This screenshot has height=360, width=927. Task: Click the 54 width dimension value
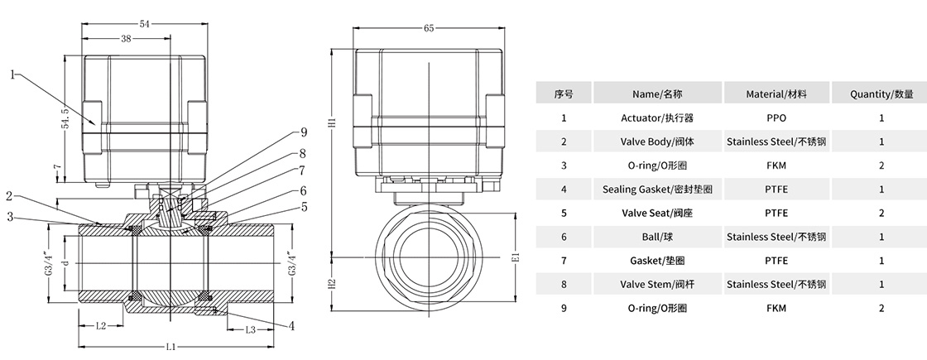click(x=144, y=24)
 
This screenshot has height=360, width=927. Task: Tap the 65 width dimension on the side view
click(x=429, y=28)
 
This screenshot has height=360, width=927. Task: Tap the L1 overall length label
click(x=170, y=345)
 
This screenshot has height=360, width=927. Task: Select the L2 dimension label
click(x=99, y=325)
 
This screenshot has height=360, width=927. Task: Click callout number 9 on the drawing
click(x=303, y=132)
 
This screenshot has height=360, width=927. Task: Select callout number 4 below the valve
click(x=291, y=325)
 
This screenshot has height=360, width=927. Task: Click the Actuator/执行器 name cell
click(x=657, y=118)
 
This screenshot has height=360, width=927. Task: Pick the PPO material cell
click(x=776, y=118)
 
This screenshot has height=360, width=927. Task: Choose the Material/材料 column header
click(x=776, y=94)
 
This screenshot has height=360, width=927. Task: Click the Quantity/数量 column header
click(x=881, y=94)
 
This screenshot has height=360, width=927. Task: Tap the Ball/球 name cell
click(x=657, y=237)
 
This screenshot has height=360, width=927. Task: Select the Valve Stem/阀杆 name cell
click(x=657, y=284)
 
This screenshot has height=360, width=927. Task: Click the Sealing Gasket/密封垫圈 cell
click(x=657, y=190)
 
